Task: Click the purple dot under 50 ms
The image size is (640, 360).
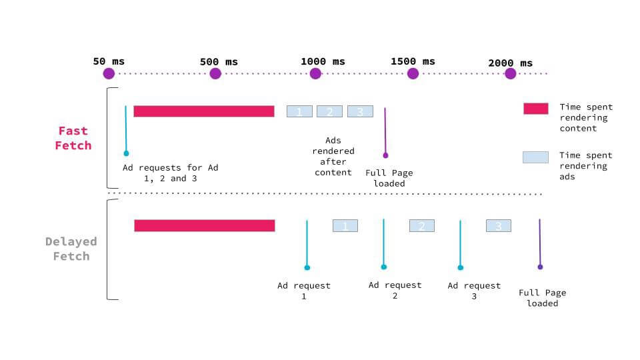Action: (x=109, y=73)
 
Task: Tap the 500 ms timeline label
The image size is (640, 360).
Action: (x=219, y=62)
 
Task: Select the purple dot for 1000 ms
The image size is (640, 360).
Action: (x=315, y=73)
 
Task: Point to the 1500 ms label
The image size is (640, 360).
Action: (x=413, y=61)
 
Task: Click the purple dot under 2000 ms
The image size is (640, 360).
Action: (x=510, y=73)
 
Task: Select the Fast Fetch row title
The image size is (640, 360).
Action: (x=73, y=138)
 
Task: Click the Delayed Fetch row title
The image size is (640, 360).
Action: (x=71, y=249)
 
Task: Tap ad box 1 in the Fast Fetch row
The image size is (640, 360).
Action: (x=299, y=111)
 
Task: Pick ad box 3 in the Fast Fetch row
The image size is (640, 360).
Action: (x=360, y=111)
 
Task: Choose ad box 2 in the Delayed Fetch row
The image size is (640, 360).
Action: (x=421, y=226)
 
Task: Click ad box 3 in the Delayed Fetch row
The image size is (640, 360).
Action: (x=498, y=226)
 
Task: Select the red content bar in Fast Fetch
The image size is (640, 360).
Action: (x=203, y=111)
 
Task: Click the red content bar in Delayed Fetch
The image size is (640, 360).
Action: (x=204, y=225)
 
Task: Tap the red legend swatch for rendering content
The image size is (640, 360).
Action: (x=535, y=109)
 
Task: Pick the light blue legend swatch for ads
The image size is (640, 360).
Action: (x=535, y=157)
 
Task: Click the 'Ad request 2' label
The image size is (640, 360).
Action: (x=395, y=290)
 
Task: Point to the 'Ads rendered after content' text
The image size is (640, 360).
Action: (x=333, y=157)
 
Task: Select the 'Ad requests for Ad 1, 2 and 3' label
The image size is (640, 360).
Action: (x=170, y=173)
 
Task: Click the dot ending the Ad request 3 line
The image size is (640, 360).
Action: (x=460, y=267)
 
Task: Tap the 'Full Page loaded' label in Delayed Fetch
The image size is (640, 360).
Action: (x=542, y=297)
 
